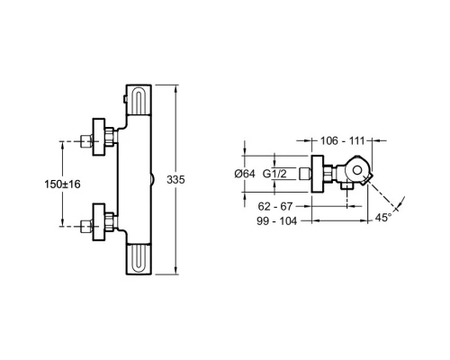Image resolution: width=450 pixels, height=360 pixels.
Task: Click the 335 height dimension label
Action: point(175,181)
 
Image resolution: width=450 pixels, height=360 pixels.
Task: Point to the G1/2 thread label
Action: point(282,175)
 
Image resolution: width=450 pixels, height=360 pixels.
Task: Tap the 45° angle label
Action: point(383,218)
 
